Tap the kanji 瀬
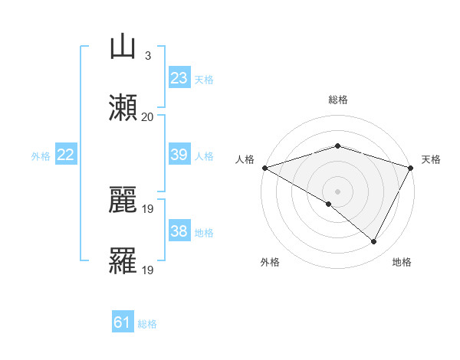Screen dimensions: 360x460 click(123, 107)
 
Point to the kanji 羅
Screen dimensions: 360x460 click(123, 261)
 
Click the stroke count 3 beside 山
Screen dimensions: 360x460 click(147, 56)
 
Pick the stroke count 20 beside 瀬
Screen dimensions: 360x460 click(148, 116)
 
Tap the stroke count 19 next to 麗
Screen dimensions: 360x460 click(148, 209)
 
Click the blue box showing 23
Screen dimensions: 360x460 click(179, 78)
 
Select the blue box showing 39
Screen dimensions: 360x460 click(179, 155)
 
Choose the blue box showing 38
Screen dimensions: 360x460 click(179, 232)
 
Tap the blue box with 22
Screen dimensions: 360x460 click(66, 155)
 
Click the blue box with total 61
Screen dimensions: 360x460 click(123, 323)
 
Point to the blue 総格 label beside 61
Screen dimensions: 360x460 click(148, 324)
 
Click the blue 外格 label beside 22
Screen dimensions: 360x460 click(41, 156)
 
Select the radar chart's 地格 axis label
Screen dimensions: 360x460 click(402, 262)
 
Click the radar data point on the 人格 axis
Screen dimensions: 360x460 click(264, 168)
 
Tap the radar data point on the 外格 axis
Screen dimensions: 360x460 click(329, 204)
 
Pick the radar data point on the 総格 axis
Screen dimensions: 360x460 click(337, 146)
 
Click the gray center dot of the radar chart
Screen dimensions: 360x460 click(337, 191)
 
